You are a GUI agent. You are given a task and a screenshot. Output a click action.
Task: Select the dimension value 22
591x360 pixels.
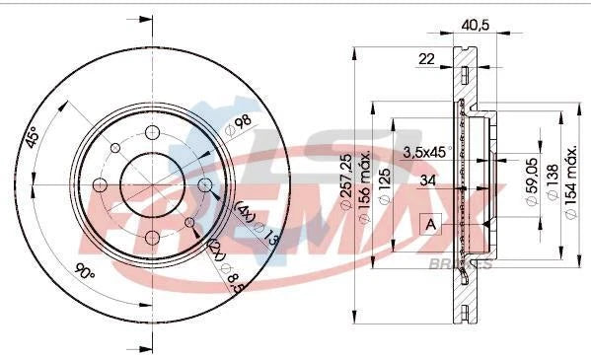point(426,59)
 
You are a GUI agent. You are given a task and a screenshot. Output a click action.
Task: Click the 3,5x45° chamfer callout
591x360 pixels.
point(427,152)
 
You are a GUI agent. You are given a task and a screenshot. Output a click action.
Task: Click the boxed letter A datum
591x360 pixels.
point(430,224)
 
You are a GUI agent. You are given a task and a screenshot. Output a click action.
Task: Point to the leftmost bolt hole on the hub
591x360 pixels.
point(100,185)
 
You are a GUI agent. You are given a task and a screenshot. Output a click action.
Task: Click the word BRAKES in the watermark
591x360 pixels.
point(460,264)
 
